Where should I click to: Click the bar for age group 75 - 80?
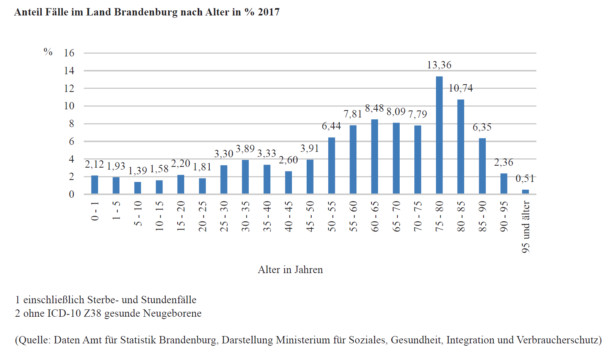(x=439, y=135)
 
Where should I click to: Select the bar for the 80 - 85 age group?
(x=461, y=147)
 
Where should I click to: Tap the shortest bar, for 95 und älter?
(x=526, y=192)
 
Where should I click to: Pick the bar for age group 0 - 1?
(x=95, y=185)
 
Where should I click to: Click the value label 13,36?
(x=439, y=65)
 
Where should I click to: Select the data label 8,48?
(x=374, y=108)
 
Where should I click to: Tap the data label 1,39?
(x=138, y=170)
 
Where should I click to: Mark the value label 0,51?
(x=525, y=178)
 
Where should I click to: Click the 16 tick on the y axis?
(x=69, y=53)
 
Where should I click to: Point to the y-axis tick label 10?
(x=69, y=106)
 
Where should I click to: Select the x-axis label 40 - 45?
(x=288, y=216)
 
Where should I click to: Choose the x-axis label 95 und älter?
(x=526, y=227)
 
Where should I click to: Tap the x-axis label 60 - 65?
(x=375, y=216)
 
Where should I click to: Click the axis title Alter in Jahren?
(x=290, y=270)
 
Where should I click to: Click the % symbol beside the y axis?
(x=48, y=52)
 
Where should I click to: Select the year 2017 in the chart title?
(x=269, y=12)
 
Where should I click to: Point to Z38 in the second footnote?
(x=93, y=313)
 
